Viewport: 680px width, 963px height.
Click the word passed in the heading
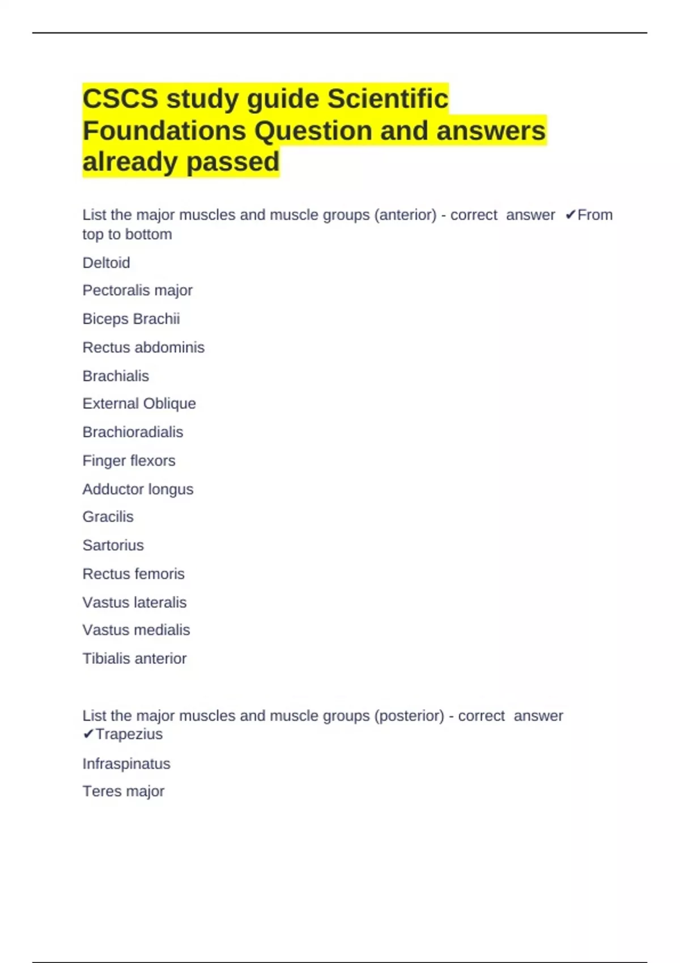tap(232, 162)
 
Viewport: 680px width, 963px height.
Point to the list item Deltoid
tap(106, 263)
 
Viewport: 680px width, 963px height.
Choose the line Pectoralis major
tap(137, 291)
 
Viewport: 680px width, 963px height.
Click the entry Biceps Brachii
tap(131, 319)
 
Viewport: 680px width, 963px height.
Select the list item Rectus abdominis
tap(143, 347)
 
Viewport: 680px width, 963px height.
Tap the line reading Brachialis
tap(116, 376)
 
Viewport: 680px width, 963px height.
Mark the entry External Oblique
tap(139, 404)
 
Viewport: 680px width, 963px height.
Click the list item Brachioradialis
tap(133, 432)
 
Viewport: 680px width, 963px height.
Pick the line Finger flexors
tap(129, 461)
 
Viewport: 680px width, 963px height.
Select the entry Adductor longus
tap(138, 489)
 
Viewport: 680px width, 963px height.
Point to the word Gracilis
tap(108, 517)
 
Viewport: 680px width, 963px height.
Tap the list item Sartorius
tap(113, 546)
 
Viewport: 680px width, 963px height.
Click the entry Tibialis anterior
tap(134, 659)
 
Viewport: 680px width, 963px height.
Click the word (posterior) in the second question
tap(409, 716)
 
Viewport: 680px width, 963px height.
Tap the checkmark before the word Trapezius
tap(88, 735)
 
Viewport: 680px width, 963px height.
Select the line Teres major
tap(123, 791)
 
